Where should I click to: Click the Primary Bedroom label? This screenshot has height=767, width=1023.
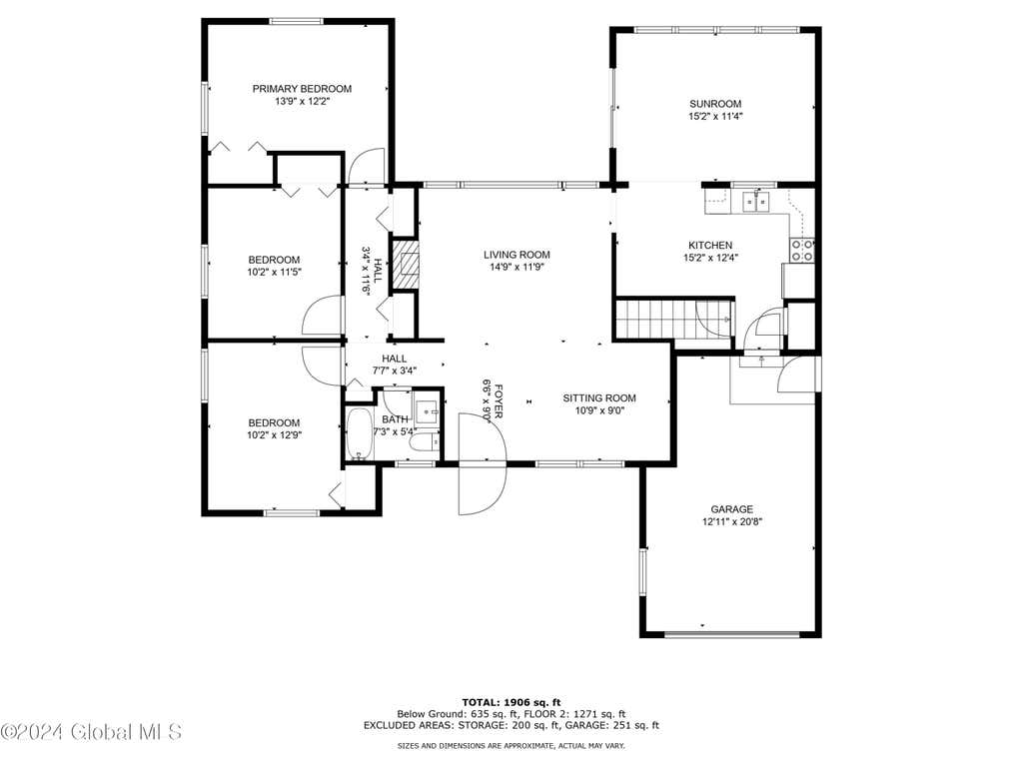[302, 89]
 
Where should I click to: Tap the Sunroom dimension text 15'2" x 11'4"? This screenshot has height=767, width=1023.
[715, 117]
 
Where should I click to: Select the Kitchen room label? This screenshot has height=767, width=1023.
[710, 246]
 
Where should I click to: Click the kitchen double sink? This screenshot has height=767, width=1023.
[756, 202]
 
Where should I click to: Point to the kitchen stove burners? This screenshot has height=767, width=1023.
[802, 251]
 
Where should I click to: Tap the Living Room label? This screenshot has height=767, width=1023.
[516, 255]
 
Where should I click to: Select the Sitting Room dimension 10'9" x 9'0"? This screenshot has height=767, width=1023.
[599, 410]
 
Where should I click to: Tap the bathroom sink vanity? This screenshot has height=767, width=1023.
[428, 410]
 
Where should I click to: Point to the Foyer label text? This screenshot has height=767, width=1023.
[499, 400]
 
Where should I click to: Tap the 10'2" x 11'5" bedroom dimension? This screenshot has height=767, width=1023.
[274, 273]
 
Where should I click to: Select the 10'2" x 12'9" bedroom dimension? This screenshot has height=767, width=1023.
[274, 435]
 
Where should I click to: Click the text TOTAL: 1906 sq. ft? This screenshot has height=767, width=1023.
[511, 702]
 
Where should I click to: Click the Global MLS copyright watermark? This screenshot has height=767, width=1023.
[91, 732]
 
